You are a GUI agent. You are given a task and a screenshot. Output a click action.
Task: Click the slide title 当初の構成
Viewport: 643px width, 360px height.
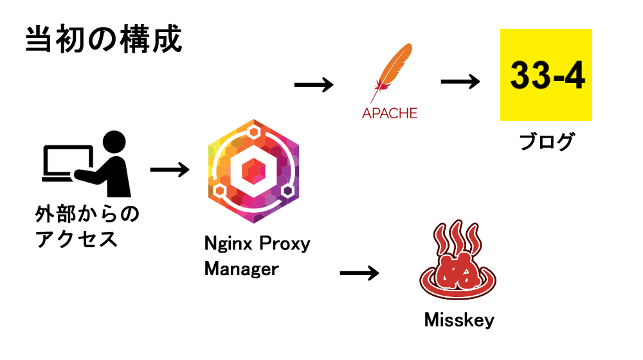coord(104,40)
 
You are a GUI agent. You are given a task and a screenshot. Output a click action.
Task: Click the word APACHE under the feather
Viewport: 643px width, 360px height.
coord(390,113)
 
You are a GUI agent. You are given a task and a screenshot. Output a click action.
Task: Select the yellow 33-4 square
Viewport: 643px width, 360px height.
coord(546,75)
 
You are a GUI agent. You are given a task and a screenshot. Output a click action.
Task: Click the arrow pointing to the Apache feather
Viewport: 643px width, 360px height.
coord(314,84)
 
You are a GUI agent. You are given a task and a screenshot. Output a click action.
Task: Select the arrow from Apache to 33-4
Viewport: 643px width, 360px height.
coord(460,82)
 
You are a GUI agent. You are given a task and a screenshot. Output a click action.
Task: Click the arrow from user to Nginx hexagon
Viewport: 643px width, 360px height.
coord(170,170)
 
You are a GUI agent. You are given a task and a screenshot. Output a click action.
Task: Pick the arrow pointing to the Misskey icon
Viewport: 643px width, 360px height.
coord(359,273)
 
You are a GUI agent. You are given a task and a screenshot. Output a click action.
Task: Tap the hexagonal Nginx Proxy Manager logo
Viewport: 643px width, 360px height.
coord(254,172)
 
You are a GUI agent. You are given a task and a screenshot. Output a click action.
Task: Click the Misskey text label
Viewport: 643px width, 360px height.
coord(459,319)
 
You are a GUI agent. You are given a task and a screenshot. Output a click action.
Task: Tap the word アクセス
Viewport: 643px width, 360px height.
coord(77,240)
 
